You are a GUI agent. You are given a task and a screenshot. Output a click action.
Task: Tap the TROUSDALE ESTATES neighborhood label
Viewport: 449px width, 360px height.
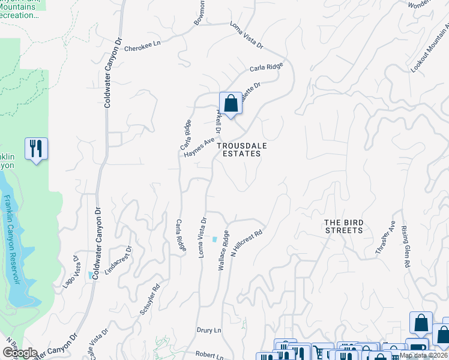tap(239, 149)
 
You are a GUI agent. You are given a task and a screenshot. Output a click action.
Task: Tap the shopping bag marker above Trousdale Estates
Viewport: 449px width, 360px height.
tap(231, 103)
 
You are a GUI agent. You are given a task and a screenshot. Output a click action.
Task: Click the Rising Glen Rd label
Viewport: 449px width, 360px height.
tap(406, 248)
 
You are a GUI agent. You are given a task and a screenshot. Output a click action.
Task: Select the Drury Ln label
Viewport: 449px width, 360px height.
tap(209, 331)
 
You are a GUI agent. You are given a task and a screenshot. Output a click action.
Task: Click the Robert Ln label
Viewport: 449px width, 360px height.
tap(209, 354)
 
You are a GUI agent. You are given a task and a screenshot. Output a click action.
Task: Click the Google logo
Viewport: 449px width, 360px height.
tap(19, 353)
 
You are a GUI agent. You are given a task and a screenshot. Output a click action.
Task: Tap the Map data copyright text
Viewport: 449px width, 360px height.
tap(424, 355)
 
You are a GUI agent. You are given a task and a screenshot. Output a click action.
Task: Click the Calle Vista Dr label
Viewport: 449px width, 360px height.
tap(95, 340)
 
